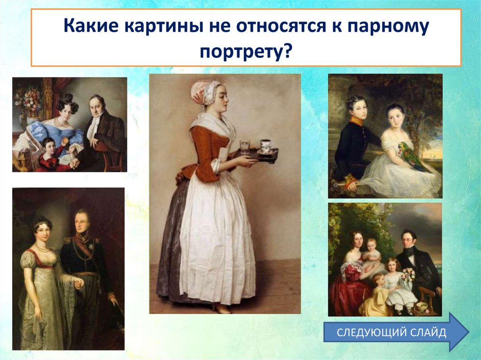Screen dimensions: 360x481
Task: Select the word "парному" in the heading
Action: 388,29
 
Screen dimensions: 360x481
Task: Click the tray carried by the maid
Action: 259,154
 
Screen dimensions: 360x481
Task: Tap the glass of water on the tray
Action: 245,146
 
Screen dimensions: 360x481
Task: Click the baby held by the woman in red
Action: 372,251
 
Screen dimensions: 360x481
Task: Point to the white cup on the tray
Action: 266,145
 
